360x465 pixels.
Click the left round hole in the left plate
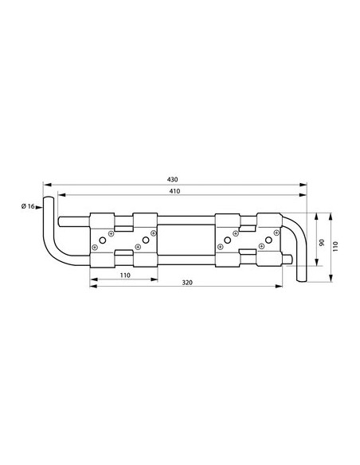(x=102, y=240)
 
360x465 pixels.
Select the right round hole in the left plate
(x=146, y=240)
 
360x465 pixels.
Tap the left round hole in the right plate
(x=229, y=240)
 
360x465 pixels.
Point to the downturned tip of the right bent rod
(x=302, y=278)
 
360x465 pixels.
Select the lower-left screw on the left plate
(x=96, y=247)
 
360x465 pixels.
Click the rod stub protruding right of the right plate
(x=288, y=257)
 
